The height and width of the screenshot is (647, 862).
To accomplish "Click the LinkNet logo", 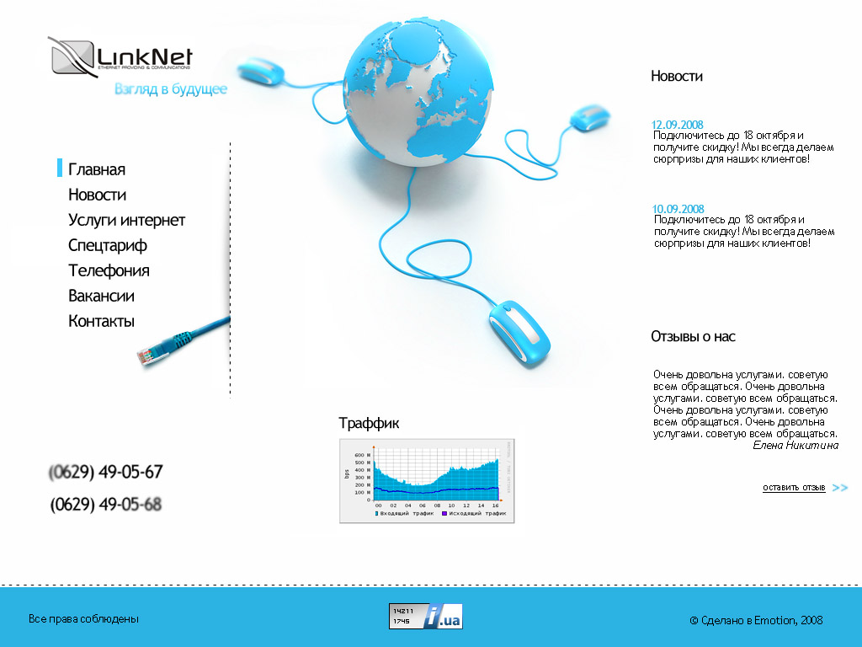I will point(120,57).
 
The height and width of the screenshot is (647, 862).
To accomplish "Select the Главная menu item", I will point(97,169).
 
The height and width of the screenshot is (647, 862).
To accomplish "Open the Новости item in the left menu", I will point(97,195).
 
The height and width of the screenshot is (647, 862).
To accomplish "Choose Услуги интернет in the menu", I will point(126,220).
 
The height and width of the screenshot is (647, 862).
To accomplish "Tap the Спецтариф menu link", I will point(108,245).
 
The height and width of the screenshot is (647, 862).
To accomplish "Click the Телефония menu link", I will point(109,270).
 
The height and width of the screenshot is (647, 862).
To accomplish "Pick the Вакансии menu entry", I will point(101,296).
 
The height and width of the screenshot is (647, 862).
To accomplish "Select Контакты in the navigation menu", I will point(101,321).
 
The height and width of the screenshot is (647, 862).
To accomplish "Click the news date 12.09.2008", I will point(678,125).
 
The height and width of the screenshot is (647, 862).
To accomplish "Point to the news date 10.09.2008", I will point(678,209).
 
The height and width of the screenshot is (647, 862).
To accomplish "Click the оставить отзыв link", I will point(794,488).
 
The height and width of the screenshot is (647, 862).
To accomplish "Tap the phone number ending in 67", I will point(106,472).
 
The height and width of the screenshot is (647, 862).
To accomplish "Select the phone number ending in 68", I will point(106,505).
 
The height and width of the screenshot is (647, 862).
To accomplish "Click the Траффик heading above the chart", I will point(369,423).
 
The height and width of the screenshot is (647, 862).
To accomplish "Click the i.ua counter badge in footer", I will point(425,616).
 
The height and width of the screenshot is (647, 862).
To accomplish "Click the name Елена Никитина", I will point(795,445).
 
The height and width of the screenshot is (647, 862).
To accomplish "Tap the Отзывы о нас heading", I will point(693,336).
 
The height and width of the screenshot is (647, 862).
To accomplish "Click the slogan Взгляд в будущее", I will point(171,89).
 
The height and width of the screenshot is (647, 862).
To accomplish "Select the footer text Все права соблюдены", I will point(83,619).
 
